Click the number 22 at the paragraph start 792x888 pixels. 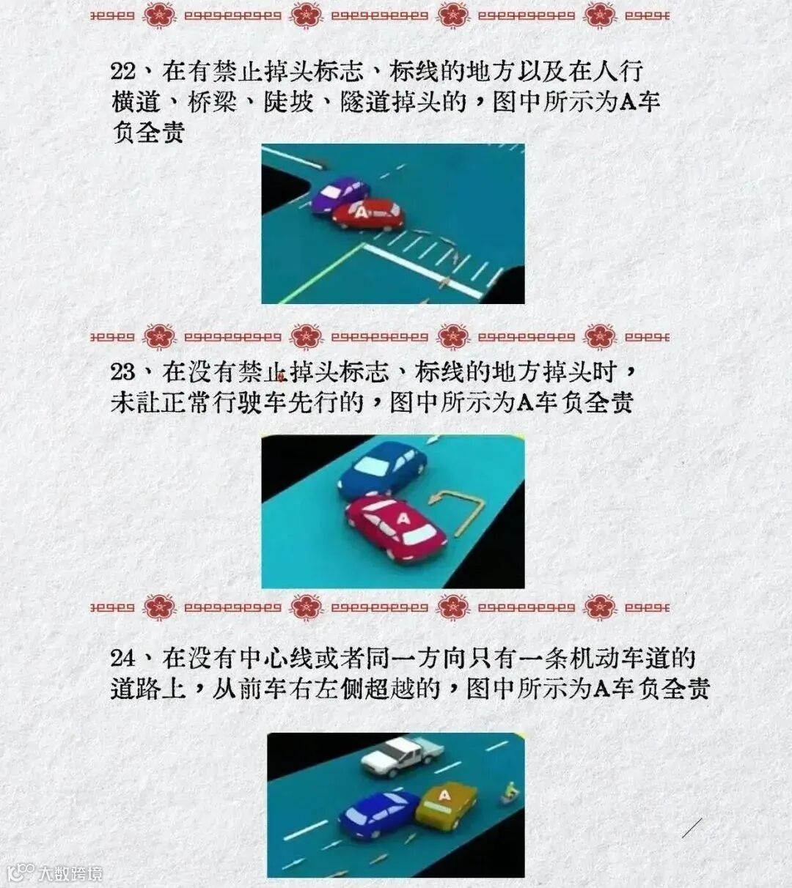click(123, 72)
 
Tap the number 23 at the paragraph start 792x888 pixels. click(123, 372)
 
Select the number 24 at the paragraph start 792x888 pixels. click(123, 659)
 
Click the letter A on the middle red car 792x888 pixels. click(403, 519)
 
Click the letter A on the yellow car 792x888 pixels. click(444, 795)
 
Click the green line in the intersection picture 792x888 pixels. click(320, 273)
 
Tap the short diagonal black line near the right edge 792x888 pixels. click(692, 827)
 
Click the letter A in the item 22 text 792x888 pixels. click(627, 102)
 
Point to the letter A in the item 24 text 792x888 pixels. click(601, 689)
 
